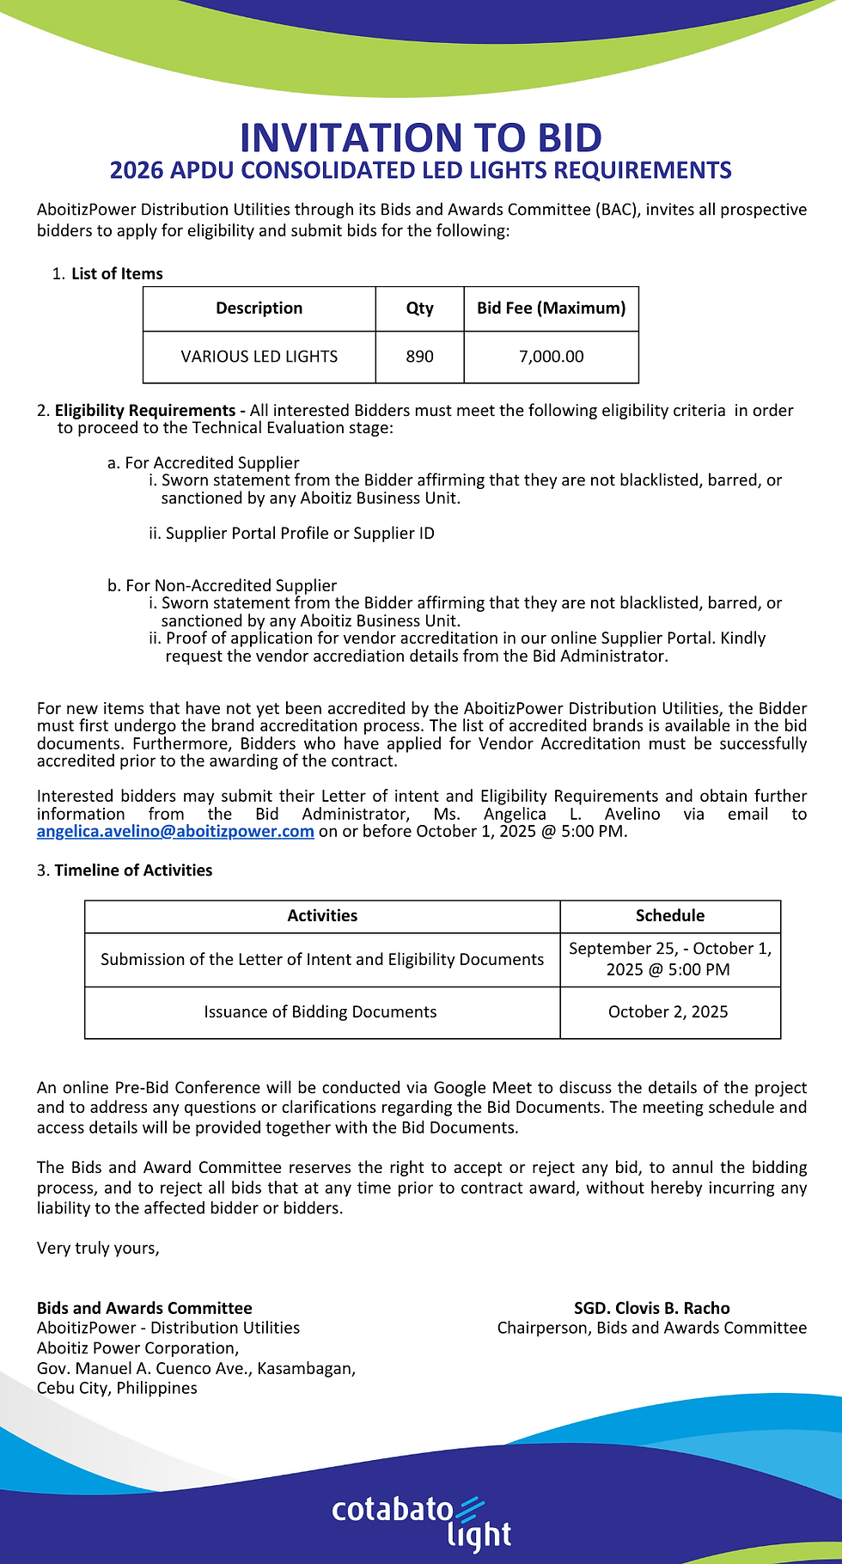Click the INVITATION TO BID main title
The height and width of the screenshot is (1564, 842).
[421, 137]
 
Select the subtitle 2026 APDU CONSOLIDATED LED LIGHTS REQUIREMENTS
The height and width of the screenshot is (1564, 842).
[421, 170]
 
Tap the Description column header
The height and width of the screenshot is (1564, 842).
[259, 309]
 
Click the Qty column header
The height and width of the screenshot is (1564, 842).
[419, 309]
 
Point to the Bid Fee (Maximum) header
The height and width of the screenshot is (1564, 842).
[551, 309]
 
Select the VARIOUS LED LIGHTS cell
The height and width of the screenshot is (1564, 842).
[259, 357]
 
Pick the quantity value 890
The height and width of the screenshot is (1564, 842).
[419, 357]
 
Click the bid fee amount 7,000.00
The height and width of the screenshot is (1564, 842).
[551, 357]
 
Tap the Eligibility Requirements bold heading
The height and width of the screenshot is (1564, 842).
[144, 411]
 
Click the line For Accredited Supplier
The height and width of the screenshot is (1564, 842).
[211, 463]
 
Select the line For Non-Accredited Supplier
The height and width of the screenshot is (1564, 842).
[230, 586]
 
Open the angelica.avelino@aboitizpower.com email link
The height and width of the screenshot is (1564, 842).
[175, 832]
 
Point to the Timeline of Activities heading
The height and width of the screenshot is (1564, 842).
[133, 871]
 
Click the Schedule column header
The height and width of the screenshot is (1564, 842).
[669, 916]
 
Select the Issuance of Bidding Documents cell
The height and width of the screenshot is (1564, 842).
[320, 1012]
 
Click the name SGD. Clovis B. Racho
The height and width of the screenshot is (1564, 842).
[651, 1309]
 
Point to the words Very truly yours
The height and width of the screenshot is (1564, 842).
[98, 1249]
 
